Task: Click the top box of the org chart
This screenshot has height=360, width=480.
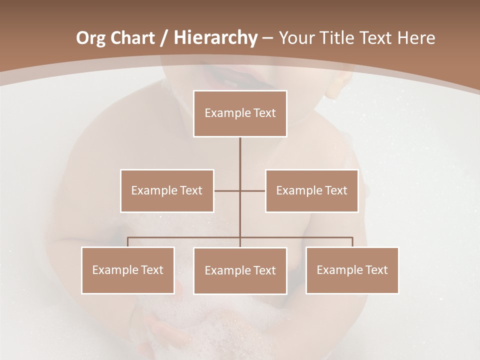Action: pyautogui.click(x=240, y=113)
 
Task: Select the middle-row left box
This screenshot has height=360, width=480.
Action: pyautogui.click(x=167, y=190)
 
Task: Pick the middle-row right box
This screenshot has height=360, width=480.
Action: pyautogui.click(x=312, y=190)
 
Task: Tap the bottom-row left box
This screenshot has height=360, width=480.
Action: pyautogui.click(x=128, y=270)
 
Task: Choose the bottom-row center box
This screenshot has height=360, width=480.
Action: pyautogui.click(x=240, y=270)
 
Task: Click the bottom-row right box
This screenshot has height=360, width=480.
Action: pyautogui.click(x=352, y=270)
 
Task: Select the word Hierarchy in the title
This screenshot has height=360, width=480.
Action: pyautogui.click(x=215, y=38)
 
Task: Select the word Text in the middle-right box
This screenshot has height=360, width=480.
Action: pyautogui.click(x=336, y=190)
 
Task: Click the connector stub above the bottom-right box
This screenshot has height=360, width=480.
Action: pyautogui.click(x=352, y=242)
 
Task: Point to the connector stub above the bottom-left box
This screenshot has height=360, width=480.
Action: pyautogui.click(x=128, y=242)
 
